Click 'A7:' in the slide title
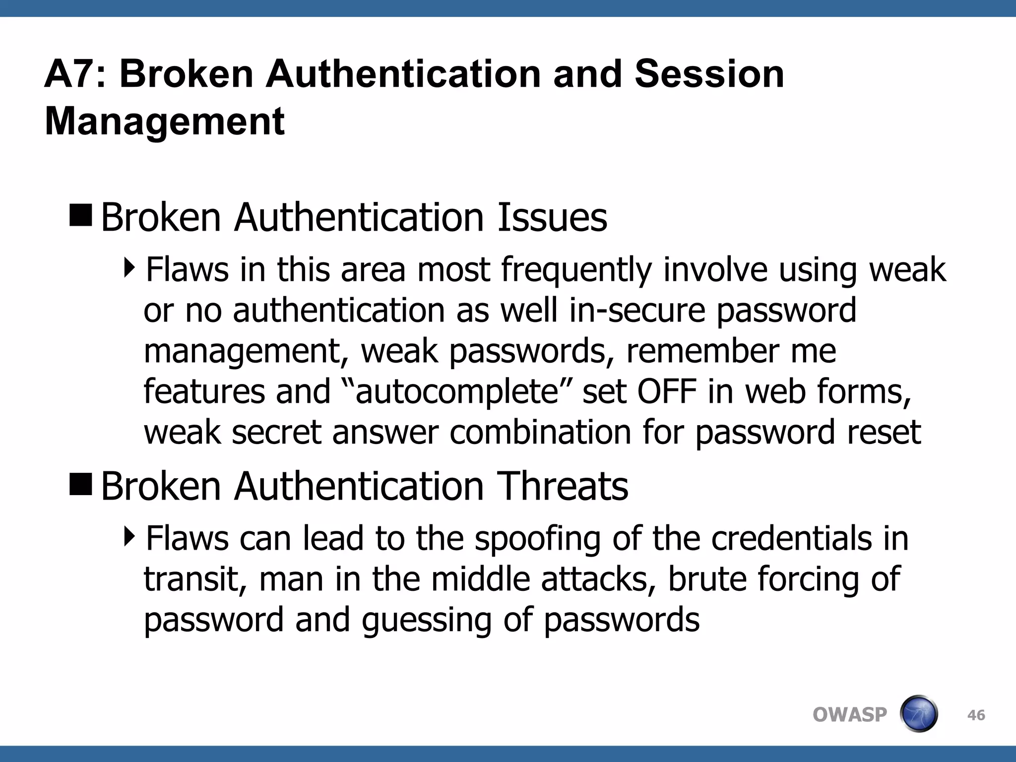[75, 74]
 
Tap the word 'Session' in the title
[709, 74]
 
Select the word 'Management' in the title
[164, 122]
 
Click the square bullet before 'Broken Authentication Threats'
[81, 485]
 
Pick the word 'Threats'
[563, 486]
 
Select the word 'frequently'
[575, 270]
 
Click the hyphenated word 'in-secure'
[637, 311]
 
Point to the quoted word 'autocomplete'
[457, 392]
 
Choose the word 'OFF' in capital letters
[667, 391]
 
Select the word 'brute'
[707, 579]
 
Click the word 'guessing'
[427, 621]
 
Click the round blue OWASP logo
[918, 714]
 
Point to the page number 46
[976, 715]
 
